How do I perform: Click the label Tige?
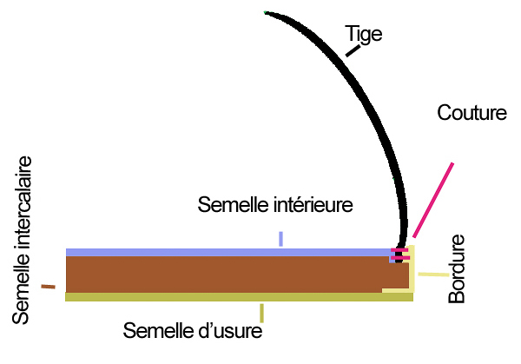point(364,34)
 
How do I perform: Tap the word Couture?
point(472,114)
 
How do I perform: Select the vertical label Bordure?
point(458,268)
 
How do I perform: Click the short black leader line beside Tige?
point(353,51)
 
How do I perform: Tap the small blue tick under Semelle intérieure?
point(280,238)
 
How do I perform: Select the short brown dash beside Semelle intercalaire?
point(48,286)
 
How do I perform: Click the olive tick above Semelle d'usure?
point(261,313)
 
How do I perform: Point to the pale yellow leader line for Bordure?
point(432,275)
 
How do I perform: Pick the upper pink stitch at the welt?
point(399,250)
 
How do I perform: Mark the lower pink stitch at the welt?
point(399,257)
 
